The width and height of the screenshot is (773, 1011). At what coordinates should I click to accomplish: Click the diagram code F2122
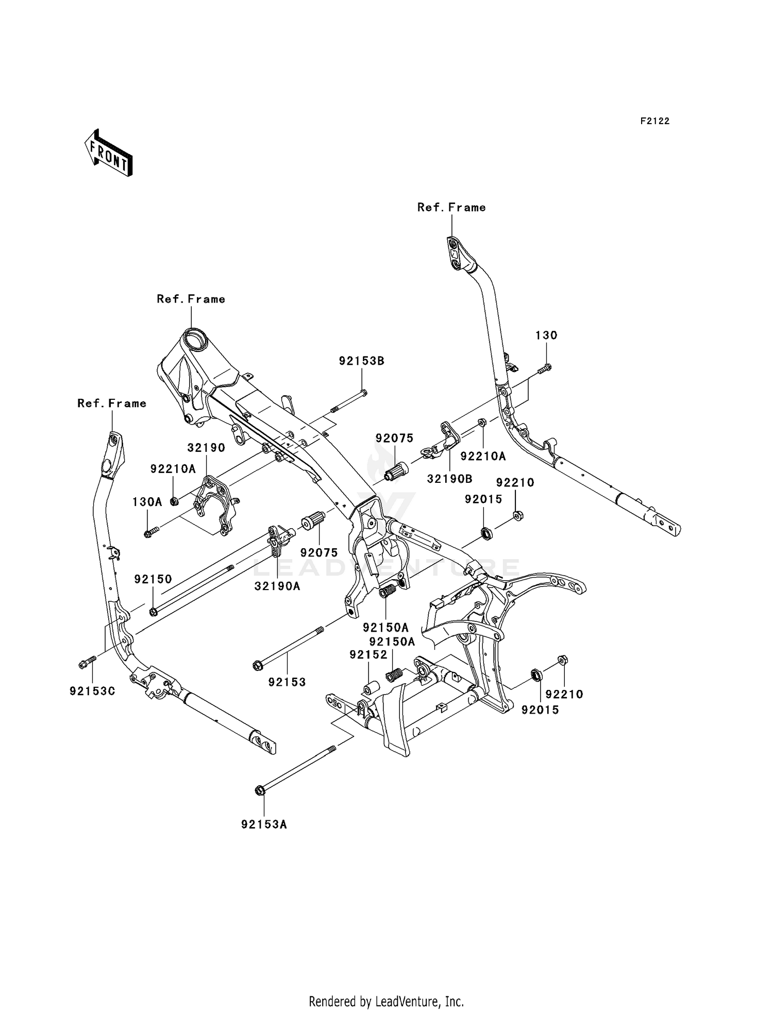pos(655,121)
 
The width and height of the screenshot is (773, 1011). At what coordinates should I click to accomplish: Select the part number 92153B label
pos(362,361)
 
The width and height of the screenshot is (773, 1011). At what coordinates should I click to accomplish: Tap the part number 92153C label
pos(92,691)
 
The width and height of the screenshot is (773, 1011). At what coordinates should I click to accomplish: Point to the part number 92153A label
pos(264,824)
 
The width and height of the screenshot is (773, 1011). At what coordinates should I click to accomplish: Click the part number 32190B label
pos(449,479)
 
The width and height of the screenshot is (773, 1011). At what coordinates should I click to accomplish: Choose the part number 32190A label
pos(277,586)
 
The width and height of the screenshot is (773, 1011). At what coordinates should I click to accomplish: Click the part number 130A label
pos(147,501)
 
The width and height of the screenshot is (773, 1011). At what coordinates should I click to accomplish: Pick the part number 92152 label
pos(368,654)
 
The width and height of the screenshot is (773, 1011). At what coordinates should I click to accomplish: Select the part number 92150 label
pos(153,579)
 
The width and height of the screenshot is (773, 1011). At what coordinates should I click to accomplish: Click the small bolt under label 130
pos(544,368)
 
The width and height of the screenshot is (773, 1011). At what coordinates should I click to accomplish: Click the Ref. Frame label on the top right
pos(451,207)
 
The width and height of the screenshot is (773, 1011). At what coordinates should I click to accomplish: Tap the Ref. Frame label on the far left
pos(112,403)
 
